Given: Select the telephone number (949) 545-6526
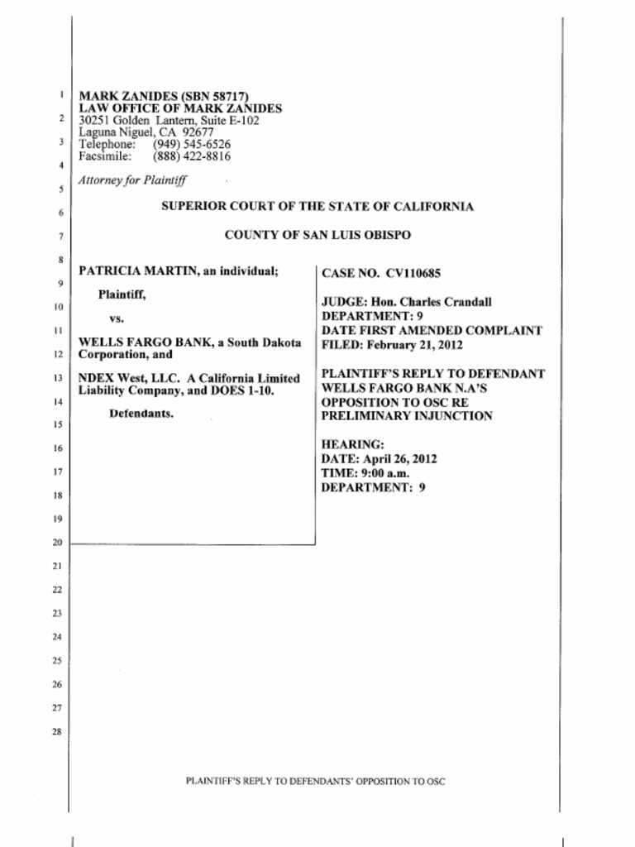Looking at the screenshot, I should pyautogui.click(x=192, y=144).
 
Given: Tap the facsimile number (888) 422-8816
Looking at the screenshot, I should pyautogui.click(x=192, y=156).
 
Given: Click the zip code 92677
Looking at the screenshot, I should pyautogui.click(x=198, y=132).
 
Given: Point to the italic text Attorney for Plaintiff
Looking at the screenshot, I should pyautogui.click(x=132, y=179).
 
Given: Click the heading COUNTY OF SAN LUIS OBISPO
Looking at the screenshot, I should pyautogui.click(x=317, y=235).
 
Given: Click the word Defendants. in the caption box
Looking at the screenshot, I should pyautogui.click(x=141, y=414).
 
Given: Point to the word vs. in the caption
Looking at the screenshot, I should pyautogui.click(x=117, y=318).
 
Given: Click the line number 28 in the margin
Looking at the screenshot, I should pyautogui.click(x=57, y=731).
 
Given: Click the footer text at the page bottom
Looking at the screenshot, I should pyautogui.click(x=316, y=781).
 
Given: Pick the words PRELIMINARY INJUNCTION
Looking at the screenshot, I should pyautogui.click(x=406, y=416).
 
